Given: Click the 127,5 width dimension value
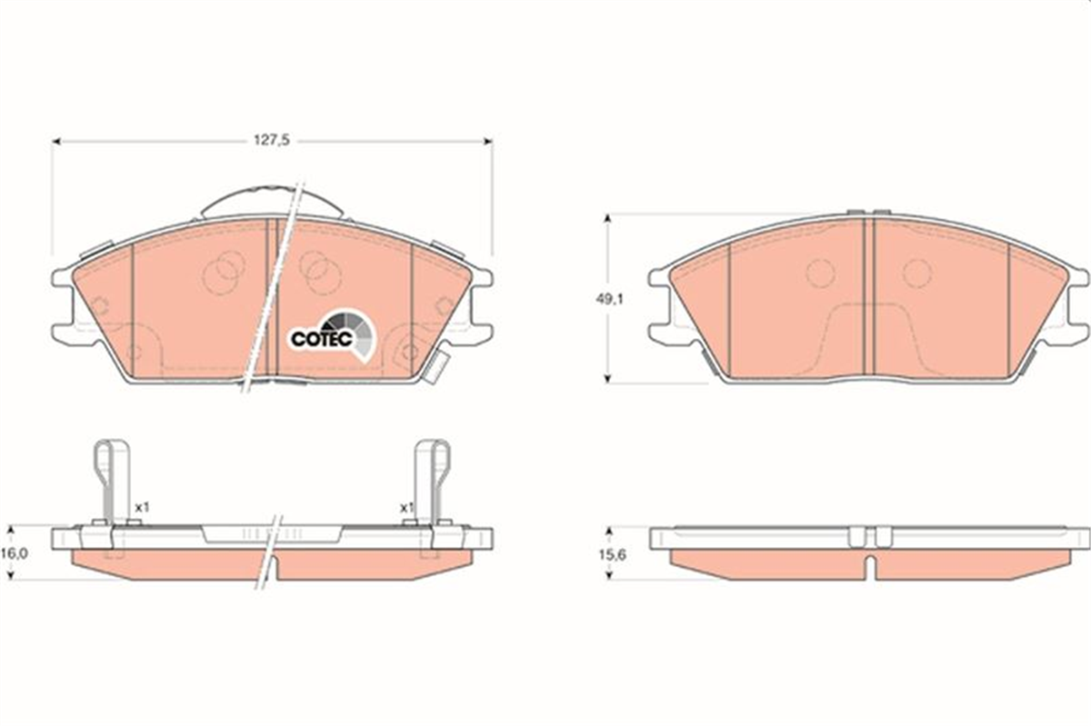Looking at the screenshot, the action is click(272, 140).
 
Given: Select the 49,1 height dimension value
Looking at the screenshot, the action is click(609, 299).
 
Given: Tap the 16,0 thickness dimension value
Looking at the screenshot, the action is click(15, 553).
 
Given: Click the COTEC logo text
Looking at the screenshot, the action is click(322, 339).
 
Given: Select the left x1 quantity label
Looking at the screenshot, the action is click(142, 507).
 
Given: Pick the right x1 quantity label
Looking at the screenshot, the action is click(406, 508).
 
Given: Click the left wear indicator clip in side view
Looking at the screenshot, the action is click(112, 483).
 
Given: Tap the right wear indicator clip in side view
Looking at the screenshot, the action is click(432, 483).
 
